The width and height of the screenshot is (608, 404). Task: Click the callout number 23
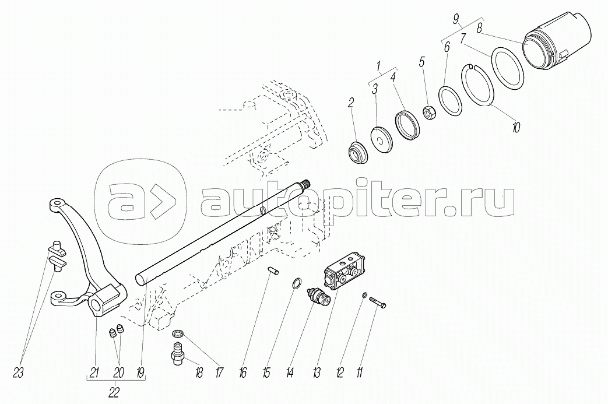click(19, 373)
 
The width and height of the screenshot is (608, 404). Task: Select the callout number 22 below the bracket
click(114, 393)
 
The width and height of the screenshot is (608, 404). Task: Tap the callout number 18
click(199, 373)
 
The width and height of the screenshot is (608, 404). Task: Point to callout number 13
click(317, 373)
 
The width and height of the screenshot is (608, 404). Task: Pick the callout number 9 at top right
click(456, 17)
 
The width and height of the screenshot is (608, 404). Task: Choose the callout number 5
click(422, 61)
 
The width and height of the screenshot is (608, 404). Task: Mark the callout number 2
click(350, 103)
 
